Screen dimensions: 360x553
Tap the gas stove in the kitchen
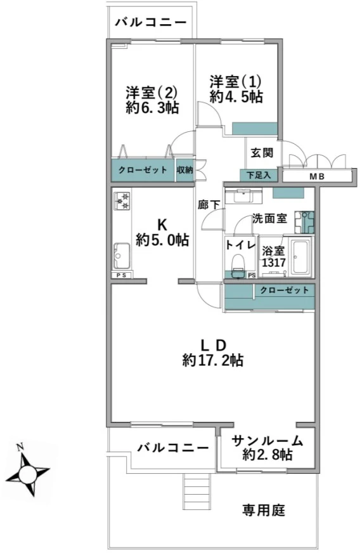(122, 200)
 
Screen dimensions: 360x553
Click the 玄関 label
(262, 153)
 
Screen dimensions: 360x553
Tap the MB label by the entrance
(317, 177)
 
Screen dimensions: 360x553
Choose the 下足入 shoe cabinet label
(259, 175)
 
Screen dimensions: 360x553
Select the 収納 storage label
(185, 170)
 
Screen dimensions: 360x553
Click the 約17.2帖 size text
(212, 360)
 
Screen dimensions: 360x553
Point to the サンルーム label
(267, 441)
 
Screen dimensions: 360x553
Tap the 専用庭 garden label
(264, 511)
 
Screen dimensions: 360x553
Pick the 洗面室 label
(270, 218)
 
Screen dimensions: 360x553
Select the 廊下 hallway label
(209, 205)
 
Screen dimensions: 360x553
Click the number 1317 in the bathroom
(274, 263)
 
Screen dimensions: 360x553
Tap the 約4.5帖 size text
(236, 96)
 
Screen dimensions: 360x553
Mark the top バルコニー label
(151, 23)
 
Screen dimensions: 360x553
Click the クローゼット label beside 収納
(143, 170)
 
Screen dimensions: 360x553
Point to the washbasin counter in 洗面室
(243, 197)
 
